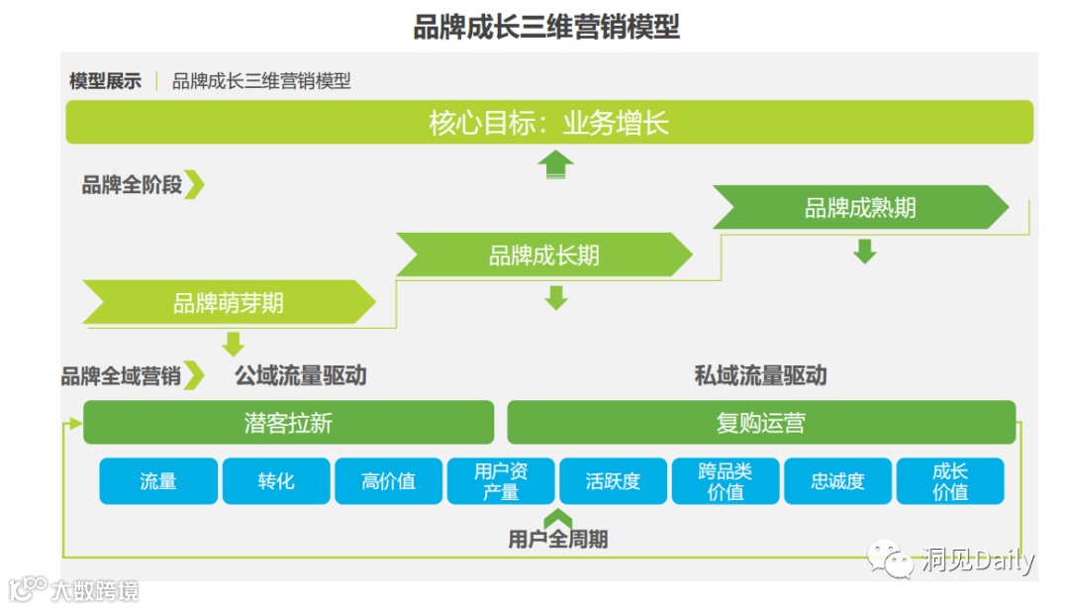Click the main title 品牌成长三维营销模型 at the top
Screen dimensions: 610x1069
(x=546, y=27)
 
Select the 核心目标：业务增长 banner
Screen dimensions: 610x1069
(x=549, y=123)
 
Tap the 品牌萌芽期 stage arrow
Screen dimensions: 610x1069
(x=229, y=302)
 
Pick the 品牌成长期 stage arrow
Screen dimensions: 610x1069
(x=544, y=255)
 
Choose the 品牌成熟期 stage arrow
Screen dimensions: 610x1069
(x=860, y=208)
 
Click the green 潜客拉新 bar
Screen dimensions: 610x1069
(x=288, y=423)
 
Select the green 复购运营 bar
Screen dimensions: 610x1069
(x=761, y=423)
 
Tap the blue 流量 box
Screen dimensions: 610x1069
(x=158, y=481)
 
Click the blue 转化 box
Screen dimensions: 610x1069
(x=276, y=481)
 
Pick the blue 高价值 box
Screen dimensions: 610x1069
(x=389, y=481)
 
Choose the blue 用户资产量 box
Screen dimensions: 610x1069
(x=501, y=481)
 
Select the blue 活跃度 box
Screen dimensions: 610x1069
(x=614, y=481)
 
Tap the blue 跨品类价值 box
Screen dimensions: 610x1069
(x=726, y=481)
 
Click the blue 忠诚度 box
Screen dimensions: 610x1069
(x=838, y=481)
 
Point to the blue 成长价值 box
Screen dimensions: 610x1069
(x=950, y=481)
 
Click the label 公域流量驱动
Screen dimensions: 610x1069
(x=301, y=376)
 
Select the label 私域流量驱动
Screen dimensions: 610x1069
(x=760, y=376)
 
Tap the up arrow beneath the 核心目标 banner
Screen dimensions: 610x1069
(x=556, y=164)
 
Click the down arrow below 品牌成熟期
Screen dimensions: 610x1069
(x=865, y=252)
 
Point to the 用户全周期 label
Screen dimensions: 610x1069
(x=558, y=540)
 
